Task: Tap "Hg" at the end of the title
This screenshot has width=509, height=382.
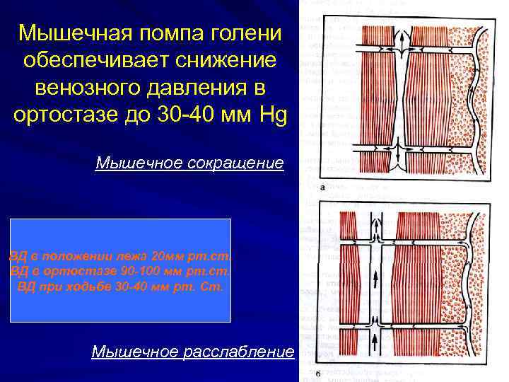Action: point(272,115)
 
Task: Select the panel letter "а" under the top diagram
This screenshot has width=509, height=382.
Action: point(322,188)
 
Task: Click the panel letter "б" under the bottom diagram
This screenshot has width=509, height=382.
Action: point(319,374)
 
